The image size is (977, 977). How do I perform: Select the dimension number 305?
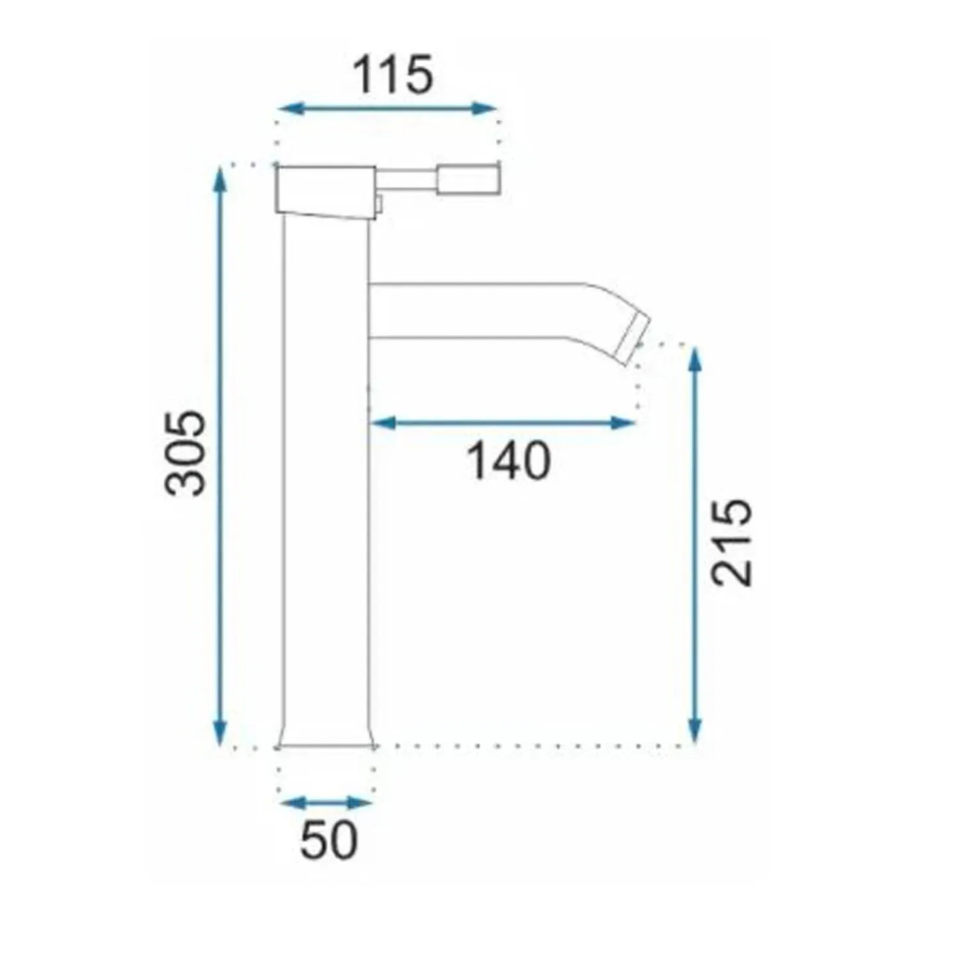point(186,453)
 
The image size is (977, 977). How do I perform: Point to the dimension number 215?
point(731,542)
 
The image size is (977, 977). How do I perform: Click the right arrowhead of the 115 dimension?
point(484,109)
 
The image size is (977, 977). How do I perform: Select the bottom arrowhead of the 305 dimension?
point(220,731)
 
